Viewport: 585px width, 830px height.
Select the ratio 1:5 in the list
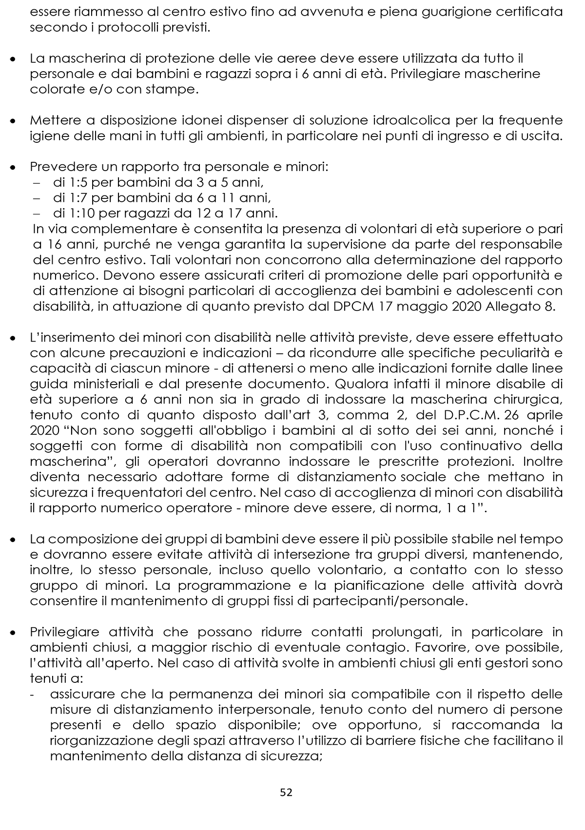[72, 183]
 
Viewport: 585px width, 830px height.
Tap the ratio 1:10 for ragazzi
[75, 213]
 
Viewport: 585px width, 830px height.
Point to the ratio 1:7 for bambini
[72, 198]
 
